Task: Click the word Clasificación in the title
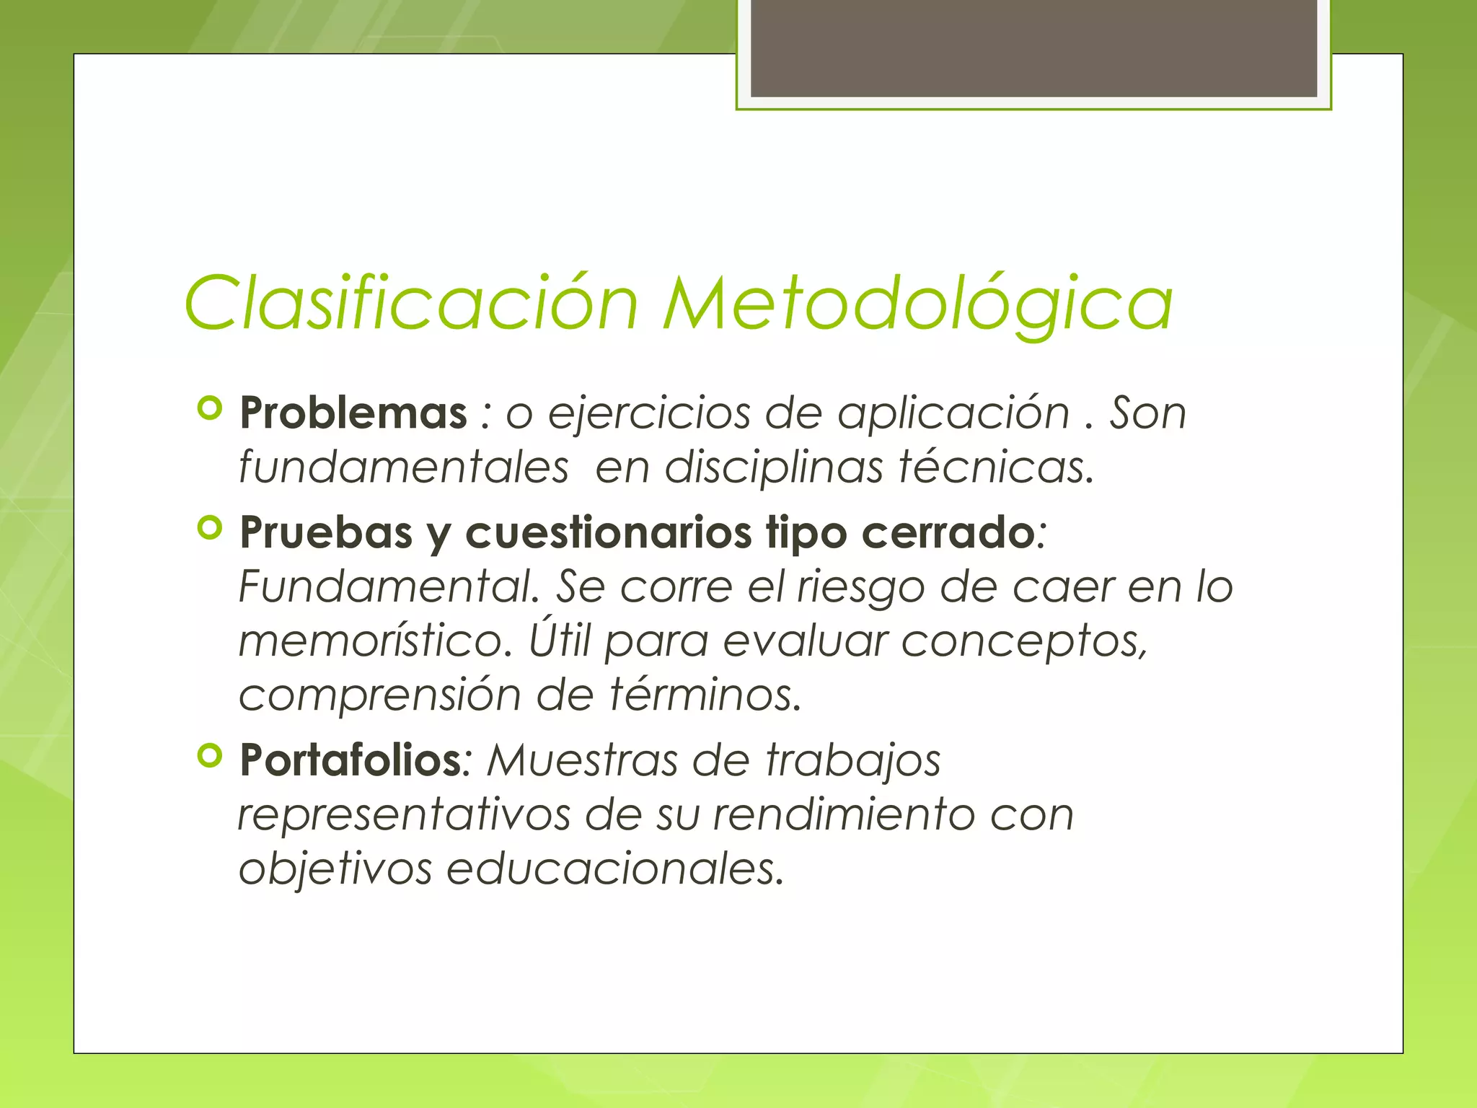pos(411,304)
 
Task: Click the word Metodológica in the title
pos(917,304)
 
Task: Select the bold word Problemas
pos(353,413)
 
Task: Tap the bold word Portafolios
pos(350,760)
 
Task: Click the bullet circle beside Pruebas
pos(209,529)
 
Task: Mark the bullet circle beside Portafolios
pos(209,756)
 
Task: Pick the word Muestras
pos(582,760)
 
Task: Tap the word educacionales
pos(614,869)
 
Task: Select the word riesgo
pos(860,586)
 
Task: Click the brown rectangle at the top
pos(1033,48)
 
